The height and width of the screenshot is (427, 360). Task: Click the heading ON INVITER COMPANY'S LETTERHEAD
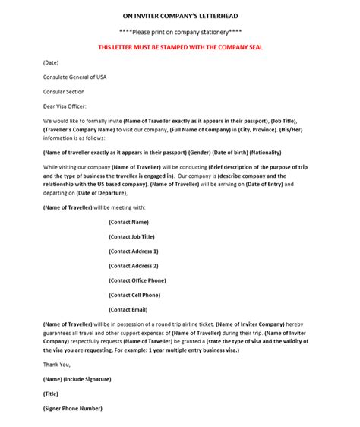(179, 14)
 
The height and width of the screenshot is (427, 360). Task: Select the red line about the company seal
(180, 47)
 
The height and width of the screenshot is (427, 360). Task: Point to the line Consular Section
(64, 91)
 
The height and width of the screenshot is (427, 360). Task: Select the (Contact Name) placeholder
(129, 222)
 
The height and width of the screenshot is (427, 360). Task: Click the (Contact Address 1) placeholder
(134, 251)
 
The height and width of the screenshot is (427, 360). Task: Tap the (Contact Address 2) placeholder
(134, 266)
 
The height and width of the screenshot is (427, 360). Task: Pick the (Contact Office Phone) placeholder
(137, 280)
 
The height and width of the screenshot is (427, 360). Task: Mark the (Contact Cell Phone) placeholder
(134, 295)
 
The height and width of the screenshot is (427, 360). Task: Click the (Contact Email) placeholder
(129, 309)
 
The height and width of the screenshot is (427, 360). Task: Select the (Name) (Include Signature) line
(77, 378)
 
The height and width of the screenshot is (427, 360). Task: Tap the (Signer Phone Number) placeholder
(72, 408)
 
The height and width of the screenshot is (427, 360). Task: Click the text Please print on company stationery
(179, 31)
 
